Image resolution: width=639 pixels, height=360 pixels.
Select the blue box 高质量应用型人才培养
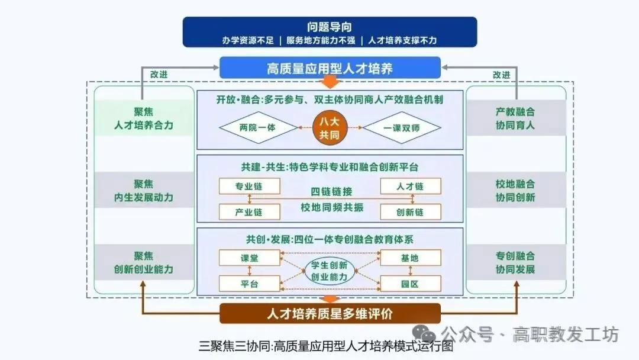pyautogui.click(x=330, y=68)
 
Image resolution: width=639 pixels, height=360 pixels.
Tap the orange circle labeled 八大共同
pyautogui.click(x=330, y=127)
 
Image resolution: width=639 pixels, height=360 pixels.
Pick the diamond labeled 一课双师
pyautogui.click(x=402, y=127)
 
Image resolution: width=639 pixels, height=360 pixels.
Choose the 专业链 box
pyautogui.click(x=248, y=186)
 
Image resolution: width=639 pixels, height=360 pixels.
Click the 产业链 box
pyautogui.click(x=248, y=211)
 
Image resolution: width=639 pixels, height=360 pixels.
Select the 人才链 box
pyautogui.click(x=410, y=186)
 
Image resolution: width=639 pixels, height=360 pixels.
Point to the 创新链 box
pyautogui.click(x=410, y=211)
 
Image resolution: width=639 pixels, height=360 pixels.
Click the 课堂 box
pyautogui.click(x=248, y=258)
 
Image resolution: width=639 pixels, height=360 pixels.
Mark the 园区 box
pyautogui.click(x=410, y=284)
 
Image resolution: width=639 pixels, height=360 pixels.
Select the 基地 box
pyautogui.click(x=410, y=258)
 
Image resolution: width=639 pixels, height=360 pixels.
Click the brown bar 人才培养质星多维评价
pyautogui.click(x=330, y=313)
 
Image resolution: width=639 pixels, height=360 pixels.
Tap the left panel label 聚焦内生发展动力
pyautogui.click(x=144, y=191)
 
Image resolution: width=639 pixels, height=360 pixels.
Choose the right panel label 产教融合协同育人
pyautogui.click(x=515, y=118)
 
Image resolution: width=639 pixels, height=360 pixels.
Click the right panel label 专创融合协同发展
pyautogui.click(x=515, y=262)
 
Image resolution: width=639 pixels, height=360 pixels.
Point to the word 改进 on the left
pyautogui.click(x=159, y=75)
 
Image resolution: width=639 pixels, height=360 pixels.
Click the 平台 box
pyautogui.click(x=248, y=284)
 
